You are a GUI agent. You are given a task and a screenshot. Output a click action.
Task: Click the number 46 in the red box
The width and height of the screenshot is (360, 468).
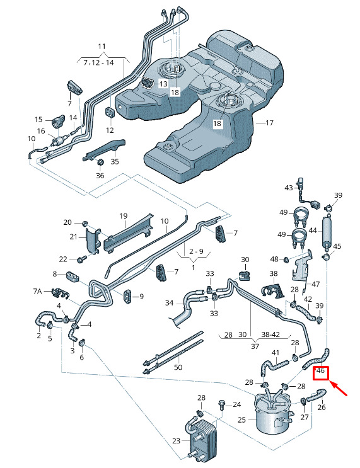point(320,371)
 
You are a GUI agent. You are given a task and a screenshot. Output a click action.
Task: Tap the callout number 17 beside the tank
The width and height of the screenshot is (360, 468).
point(269,123)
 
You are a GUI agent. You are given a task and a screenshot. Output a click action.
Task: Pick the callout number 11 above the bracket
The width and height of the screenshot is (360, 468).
point(102,46)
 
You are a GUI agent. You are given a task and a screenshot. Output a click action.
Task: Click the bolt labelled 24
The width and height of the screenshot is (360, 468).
point(223,405)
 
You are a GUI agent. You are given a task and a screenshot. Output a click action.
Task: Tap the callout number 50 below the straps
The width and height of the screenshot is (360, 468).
point(178,367)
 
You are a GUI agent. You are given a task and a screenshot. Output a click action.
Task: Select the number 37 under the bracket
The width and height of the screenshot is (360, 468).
point(255,346)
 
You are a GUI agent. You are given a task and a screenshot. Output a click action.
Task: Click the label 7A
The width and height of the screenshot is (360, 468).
point(37,291)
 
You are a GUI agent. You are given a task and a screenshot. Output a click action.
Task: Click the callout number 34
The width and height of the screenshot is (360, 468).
point(169,303)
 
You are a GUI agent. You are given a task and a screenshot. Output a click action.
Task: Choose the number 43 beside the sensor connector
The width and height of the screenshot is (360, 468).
point(289,188)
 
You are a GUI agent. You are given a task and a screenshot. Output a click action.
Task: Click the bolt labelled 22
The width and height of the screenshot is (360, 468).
point(81,259)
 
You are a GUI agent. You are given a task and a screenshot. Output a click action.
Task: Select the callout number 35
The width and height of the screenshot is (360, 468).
point(115,161)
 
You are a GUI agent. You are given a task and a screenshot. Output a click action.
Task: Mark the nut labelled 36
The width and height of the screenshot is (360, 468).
point(100,163)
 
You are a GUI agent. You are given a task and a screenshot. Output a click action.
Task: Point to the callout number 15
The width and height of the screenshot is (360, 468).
point(38,120)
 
